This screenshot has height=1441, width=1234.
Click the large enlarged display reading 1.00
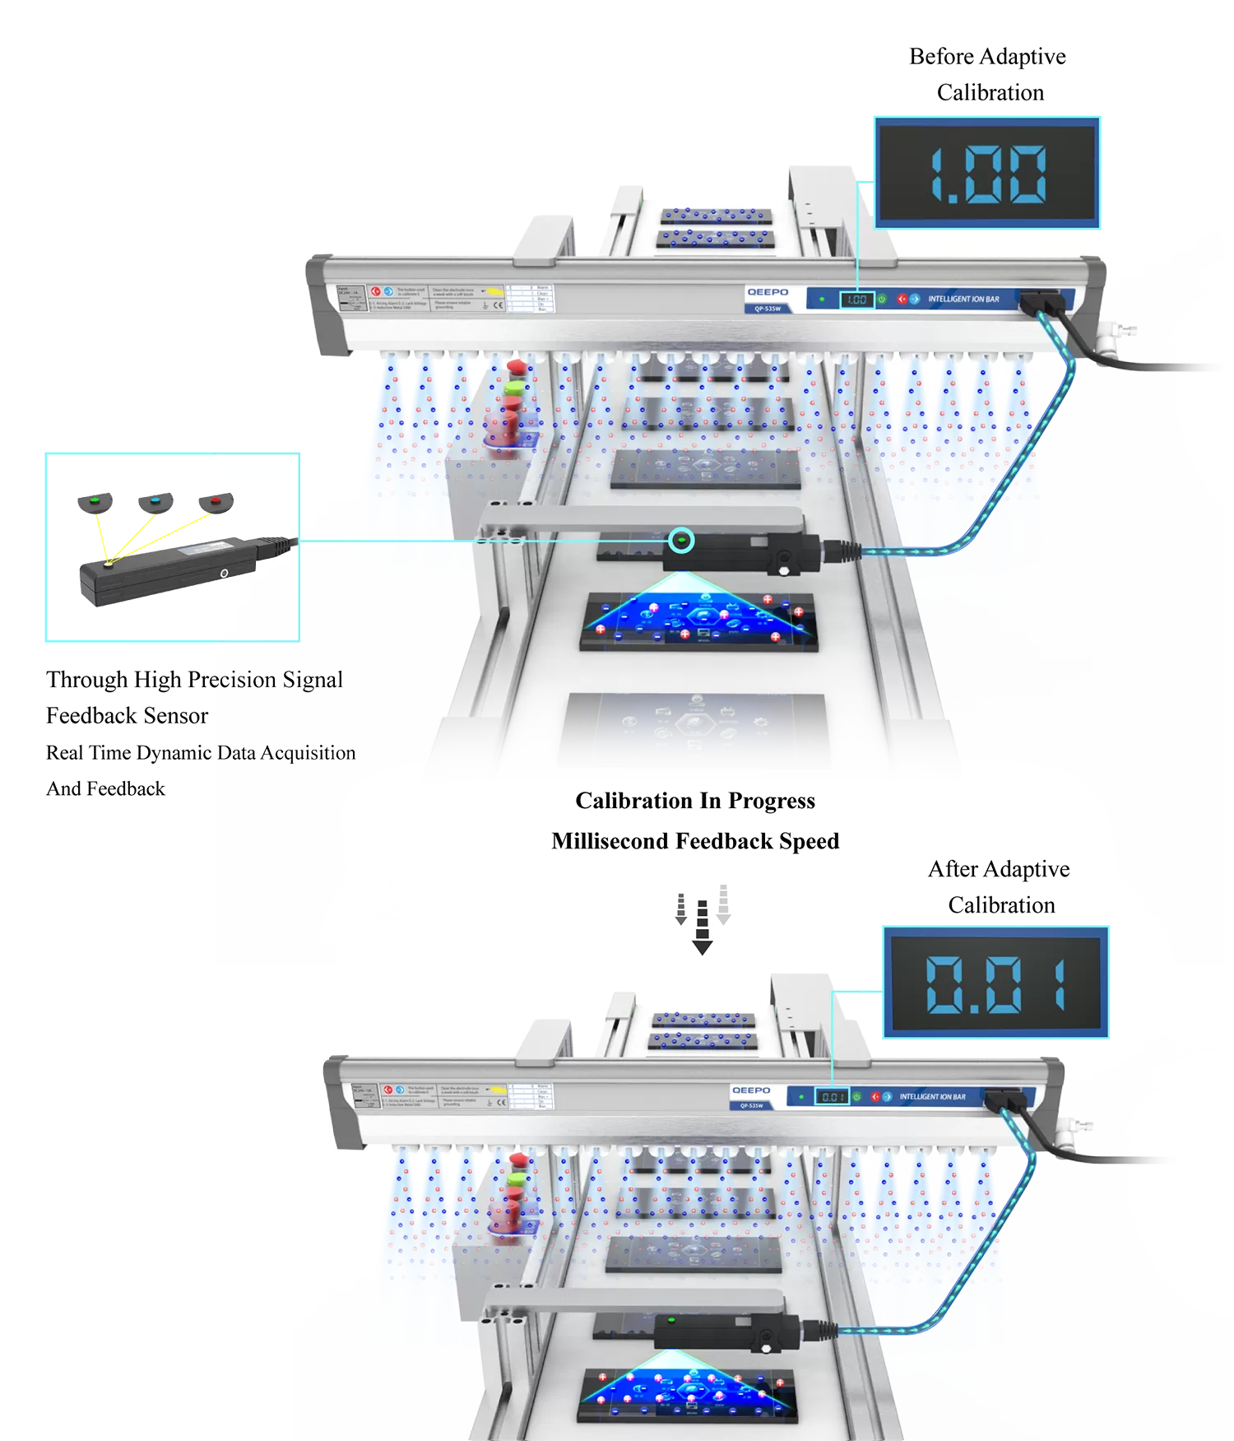(987, 174)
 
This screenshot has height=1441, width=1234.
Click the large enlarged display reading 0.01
(995, 983)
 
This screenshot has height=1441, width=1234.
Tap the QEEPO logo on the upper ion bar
(767, 292)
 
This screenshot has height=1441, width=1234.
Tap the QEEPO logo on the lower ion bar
(751, 1090)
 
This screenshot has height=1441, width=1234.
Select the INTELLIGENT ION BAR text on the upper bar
(963, 299)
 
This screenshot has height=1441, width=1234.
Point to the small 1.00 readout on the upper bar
(856, 300)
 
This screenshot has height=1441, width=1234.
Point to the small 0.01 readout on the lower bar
(833, 1097)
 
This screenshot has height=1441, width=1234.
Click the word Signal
(312, 680)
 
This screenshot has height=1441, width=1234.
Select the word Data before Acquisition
(236, 753)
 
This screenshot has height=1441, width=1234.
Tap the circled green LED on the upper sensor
(681, 541)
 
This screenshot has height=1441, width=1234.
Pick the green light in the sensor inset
(94, 499)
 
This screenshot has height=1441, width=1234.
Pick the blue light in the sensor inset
(155, 500)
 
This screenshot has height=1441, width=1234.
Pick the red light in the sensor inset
(216, 499)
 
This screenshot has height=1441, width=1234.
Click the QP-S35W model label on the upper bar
(767, 309)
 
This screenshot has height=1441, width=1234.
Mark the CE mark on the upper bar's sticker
(498, 305)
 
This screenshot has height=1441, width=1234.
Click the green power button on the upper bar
(882, 299)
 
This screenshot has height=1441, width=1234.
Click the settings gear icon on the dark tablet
(760, 722)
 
